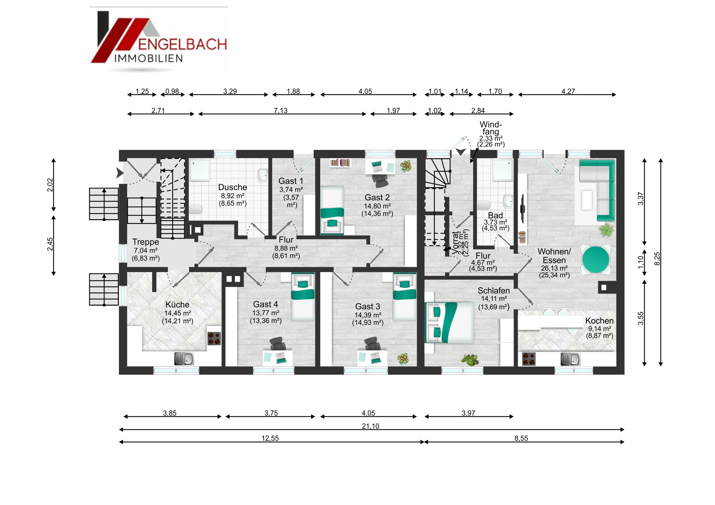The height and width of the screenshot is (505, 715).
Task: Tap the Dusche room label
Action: (233, 187)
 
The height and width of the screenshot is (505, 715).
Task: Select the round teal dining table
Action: (595, 260)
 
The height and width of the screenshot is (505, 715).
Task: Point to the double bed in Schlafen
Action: (450, 322)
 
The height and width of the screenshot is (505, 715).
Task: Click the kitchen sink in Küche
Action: (184, 359)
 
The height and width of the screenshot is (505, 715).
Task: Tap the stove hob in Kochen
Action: (529, 359)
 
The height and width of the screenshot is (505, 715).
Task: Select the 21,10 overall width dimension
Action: (371, 426)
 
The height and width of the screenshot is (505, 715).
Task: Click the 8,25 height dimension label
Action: (657, 259)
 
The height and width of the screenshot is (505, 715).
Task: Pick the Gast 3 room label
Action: (368, 307)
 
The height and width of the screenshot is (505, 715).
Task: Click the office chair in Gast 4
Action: (278, 343)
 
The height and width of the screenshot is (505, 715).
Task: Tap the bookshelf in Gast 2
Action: (340, 163)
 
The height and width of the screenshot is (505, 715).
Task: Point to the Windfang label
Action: (491, 128)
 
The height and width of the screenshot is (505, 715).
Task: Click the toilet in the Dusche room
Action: (196, 209)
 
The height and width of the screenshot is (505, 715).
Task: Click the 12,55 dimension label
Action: (270, 439)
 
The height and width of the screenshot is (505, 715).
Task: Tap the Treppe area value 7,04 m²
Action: (146, 250)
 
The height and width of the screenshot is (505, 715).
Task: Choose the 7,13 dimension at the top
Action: (281, 111)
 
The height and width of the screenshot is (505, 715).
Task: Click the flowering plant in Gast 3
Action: (403, 359)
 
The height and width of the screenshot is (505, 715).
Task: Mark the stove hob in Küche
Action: (214, 339)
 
